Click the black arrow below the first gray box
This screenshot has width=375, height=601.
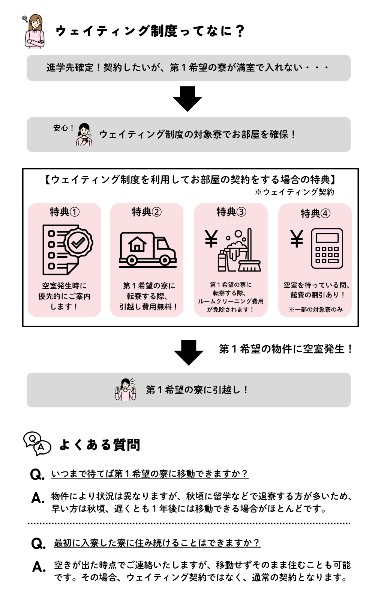(187, 99)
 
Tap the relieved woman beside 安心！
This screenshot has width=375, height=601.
(84, 134)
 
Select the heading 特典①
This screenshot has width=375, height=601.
(64, 212)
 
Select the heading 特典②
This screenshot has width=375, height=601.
(147, 212)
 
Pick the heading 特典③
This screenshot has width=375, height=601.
(231, 212)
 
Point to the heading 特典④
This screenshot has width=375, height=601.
(315, 214)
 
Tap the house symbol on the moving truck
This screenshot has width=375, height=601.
(137, 244)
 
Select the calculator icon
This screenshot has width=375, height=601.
(327, 248)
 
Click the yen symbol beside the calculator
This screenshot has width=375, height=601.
(297, 239)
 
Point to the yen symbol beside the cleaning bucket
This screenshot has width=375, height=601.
(211, 239)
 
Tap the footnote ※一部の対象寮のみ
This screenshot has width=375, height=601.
(315, 310)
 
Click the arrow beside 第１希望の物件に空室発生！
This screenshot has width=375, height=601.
(189, 353)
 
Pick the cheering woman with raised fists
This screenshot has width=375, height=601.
(126, 390)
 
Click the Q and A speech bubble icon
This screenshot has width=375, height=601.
(37, 444)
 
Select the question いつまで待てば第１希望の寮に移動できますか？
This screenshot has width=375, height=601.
(150, 474)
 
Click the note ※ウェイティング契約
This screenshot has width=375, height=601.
(294, 192)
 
